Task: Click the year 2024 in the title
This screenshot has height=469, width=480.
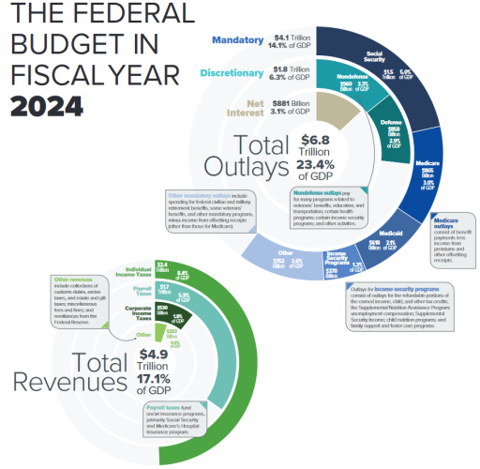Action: pos(55,102)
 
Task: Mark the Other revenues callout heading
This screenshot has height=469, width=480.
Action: pos(76,280)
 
